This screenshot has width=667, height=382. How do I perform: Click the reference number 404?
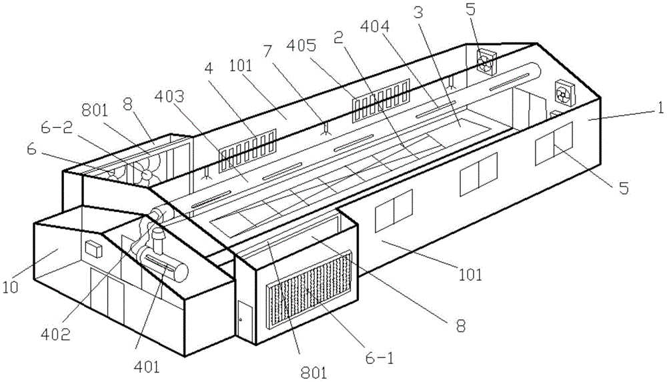(x=374, y=27)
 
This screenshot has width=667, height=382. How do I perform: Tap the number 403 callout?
(x=169, y=97)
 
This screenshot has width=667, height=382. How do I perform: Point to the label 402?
(x=56, y=335)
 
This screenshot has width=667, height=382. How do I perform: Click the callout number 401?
(x=146, y=366)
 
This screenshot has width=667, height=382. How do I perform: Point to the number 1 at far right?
(x=660, y=108)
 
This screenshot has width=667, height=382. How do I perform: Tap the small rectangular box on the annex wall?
(x=93, y=249)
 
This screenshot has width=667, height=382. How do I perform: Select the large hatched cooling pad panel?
(x=309, y=289)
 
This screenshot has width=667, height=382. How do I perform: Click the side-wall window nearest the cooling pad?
(x=394, y=211)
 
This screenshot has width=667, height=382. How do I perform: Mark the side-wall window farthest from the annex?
(x=554, y=143)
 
